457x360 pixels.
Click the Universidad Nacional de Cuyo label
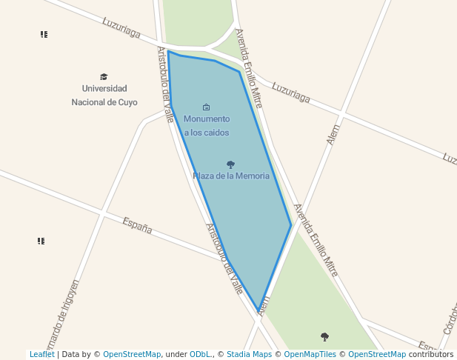[x=104, y=96]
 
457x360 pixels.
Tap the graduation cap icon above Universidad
[x=104, y=76]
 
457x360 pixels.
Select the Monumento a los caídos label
[x=207, y=125]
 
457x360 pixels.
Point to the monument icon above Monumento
[x=206, y=107]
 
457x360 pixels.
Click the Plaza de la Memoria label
[x=231, y=176]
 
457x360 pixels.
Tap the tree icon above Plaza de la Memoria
[x=230, y=164]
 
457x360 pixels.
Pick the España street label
[x=138, y=226]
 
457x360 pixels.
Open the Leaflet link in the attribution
[x=41, y=355]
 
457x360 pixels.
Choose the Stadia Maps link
[x=249, y=355]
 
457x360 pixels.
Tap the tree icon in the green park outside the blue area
[x=324, y=337]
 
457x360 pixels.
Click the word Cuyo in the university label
[x=128, y=102]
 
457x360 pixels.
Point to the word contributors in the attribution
[x=431, y=355]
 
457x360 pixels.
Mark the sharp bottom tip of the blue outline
[x=258, y=310]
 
